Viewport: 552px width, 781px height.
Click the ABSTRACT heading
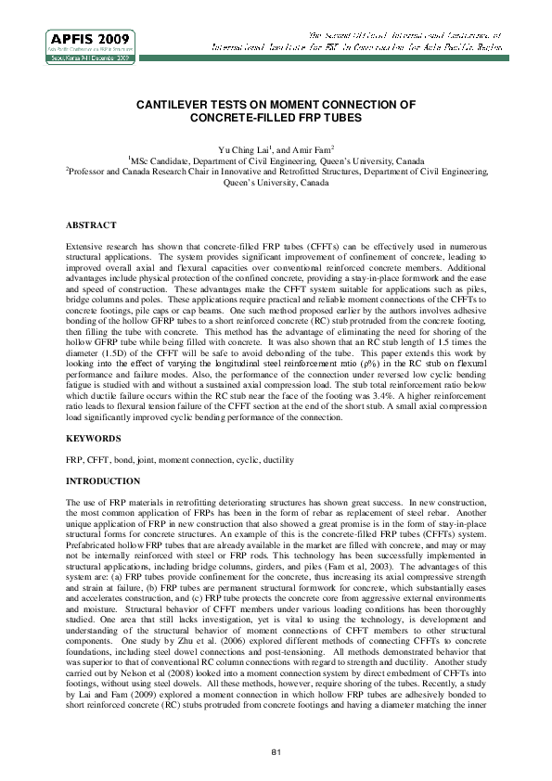[x=90, y=225]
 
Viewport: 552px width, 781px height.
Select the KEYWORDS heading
[x=93, y=436]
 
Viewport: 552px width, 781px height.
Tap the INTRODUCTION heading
[x=103, y=481]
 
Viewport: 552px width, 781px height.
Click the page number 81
[x=276, y=749]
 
